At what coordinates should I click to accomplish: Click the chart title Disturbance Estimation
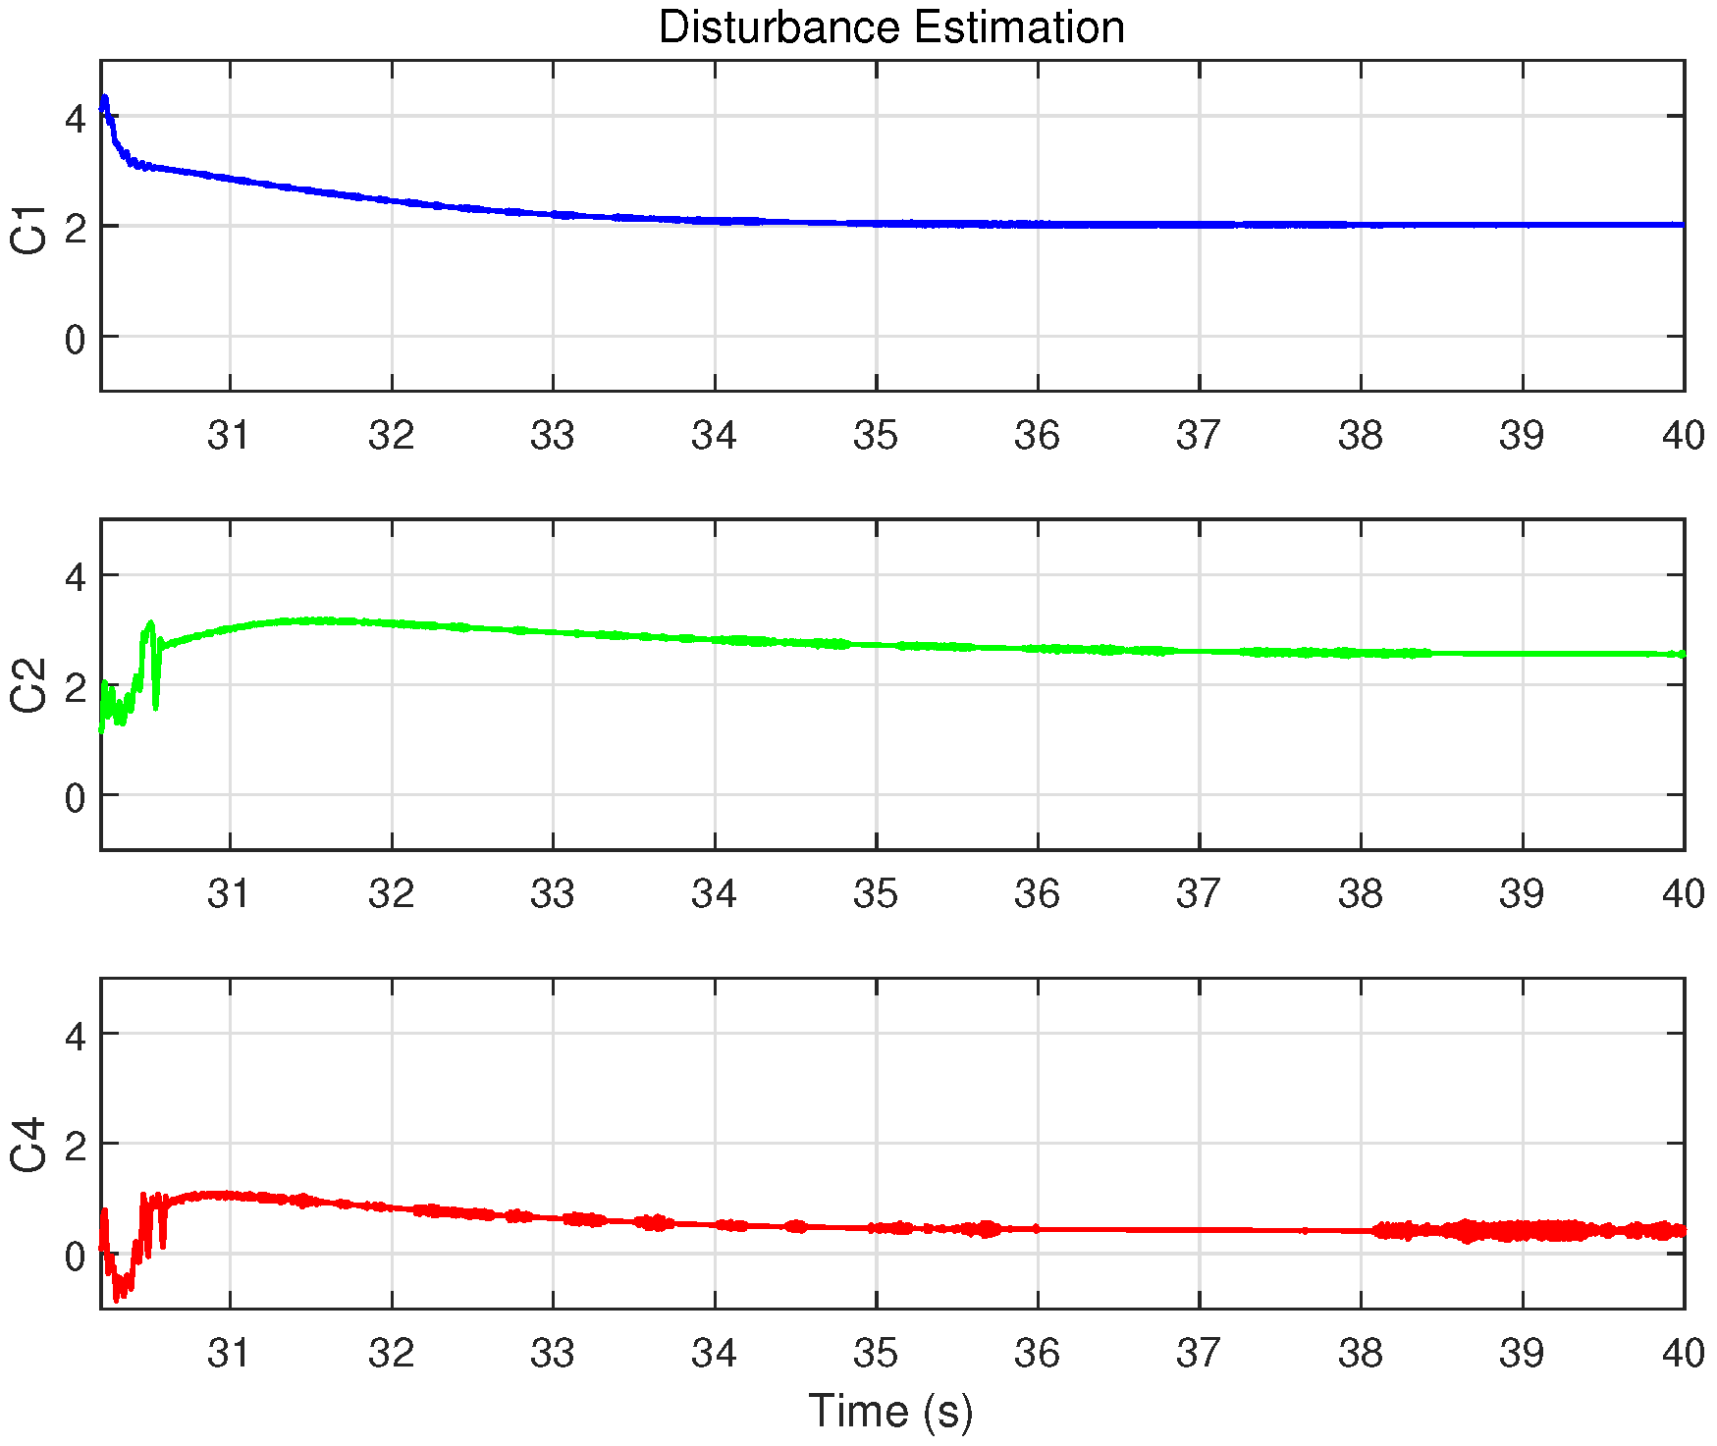890,27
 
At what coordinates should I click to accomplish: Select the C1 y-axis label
29,230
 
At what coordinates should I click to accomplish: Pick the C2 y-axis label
29,685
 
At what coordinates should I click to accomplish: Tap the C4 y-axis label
29,1144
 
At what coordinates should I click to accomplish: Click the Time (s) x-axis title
890,1412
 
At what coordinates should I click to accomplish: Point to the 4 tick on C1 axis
75,120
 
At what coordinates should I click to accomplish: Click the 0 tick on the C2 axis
75,798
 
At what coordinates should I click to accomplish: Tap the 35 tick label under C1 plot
876,435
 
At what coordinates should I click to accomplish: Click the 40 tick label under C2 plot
1683,893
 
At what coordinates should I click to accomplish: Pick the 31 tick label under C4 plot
230,1353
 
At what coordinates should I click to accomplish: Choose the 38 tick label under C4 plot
1361,1353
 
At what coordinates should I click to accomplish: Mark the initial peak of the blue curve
104,99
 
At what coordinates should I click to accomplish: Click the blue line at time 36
1038,224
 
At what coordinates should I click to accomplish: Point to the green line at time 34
715,639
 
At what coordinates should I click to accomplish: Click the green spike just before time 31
149,625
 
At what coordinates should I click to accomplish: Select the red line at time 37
1200,1230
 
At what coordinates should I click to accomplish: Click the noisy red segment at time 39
1523,1230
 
